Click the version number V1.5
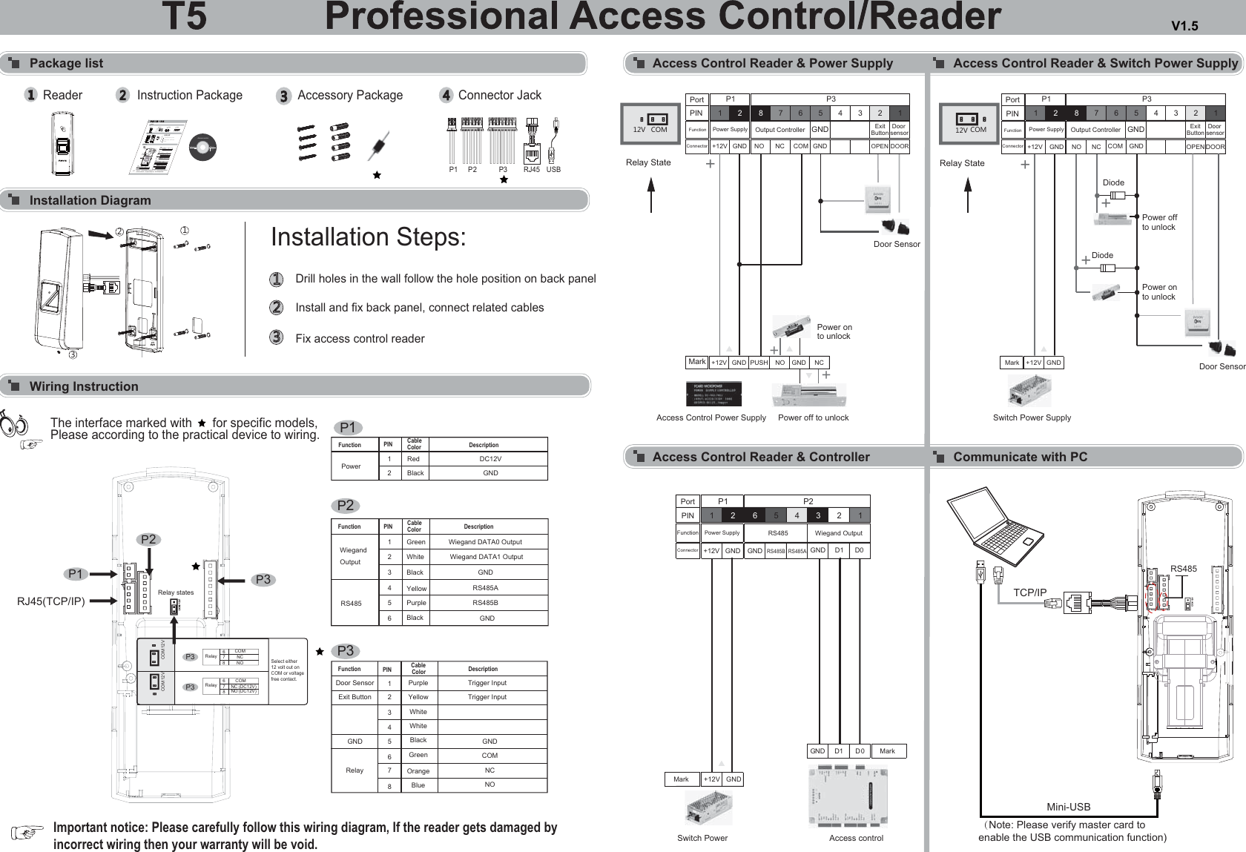1184,27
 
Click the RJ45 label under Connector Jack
532,170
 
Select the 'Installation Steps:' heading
368,237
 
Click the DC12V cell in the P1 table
489,459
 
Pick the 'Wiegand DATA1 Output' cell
486,557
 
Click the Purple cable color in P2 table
415,603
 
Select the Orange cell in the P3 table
418,771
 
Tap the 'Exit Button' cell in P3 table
355,697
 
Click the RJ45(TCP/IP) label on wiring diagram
51,601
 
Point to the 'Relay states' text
176,592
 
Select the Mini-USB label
1068,807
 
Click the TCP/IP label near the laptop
1029,592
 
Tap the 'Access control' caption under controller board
856,838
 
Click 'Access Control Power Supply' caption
711,417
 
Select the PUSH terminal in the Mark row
759,363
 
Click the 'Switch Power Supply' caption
1032,417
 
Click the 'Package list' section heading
66,63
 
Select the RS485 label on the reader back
1183,569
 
